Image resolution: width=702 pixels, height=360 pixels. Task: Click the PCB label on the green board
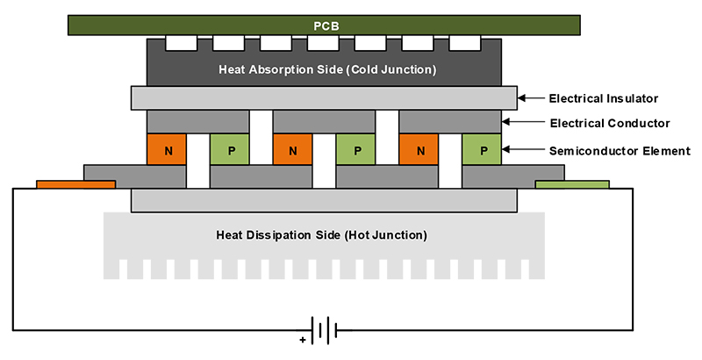tap(326, 25)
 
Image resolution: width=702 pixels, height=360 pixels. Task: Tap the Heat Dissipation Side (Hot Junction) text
tap(322, 234)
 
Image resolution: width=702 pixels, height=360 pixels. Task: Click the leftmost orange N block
tap(167, 150)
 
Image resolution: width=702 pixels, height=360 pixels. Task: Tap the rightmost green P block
tap(482, 150)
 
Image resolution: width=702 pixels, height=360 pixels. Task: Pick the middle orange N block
tap(293, 150)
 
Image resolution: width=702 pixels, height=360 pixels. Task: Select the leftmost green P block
tap(230, 150)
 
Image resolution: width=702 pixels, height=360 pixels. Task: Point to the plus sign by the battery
tap(304, 339)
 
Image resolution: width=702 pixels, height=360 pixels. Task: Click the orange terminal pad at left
tap(75, 184)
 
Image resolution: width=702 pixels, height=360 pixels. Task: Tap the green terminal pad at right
tap(572, 184)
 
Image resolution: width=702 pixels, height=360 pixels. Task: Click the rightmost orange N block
tap(419, 150)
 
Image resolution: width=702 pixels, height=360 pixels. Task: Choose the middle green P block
tap(356, 150)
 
